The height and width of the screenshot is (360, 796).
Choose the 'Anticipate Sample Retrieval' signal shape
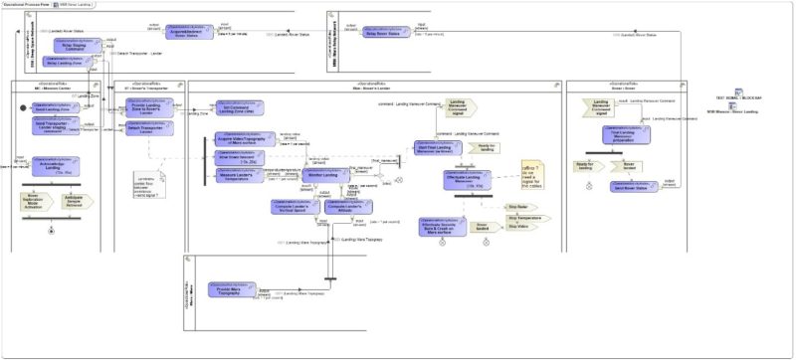coord(75,201)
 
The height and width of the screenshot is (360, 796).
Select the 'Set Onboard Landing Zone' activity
coord(239,107)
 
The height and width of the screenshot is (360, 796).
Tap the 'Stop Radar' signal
coord(516,205)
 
